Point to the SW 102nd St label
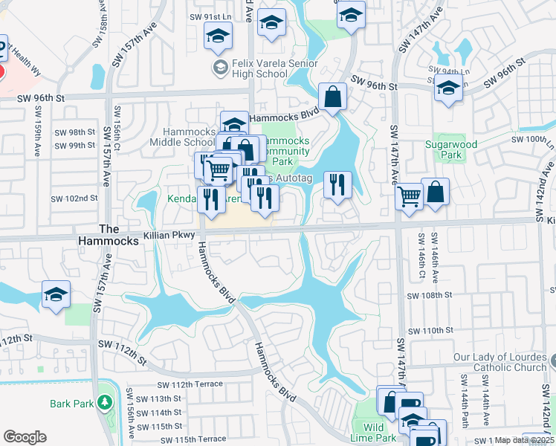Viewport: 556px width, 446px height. [74, 198]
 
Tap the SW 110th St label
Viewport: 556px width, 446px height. [429, 330]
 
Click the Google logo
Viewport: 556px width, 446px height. [25, 437]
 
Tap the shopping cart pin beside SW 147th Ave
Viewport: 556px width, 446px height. [409, 198]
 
